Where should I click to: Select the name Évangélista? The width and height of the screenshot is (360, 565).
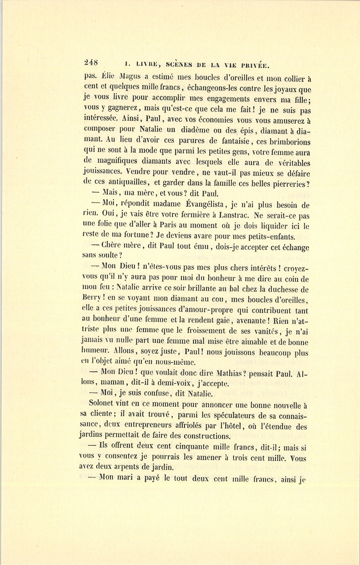(x=204, y=205)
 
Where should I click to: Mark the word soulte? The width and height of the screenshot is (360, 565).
(x=106, y=255)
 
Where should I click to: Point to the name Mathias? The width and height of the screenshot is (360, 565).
(x=231, y=374)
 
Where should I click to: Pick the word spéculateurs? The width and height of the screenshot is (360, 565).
(x=223, y=415)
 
